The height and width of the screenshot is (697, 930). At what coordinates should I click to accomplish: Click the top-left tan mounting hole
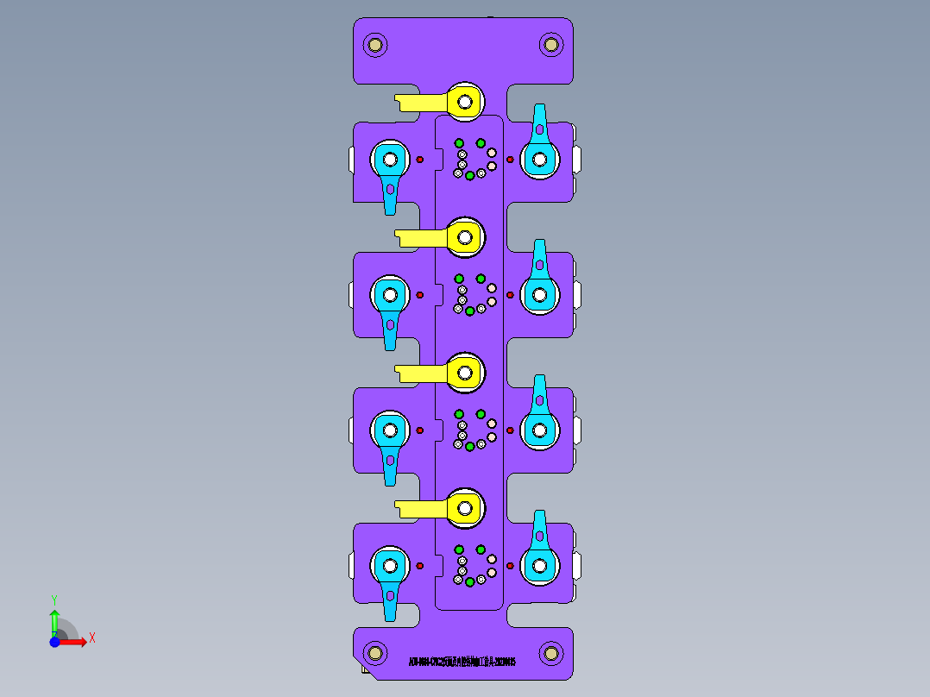click(x=375, y=44)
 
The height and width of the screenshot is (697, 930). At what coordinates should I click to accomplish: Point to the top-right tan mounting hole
click(x=550, y=44)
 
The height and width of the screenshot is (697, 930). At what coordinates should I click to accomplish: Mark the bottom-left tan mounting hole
click(x=375, y=651)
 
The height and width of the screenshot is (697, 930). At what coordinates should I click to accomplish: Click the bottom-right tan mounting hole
click(x=550, y=653)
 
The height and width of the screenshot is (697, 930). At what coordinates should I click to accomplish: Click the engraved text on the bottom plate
click(x=462, y=662)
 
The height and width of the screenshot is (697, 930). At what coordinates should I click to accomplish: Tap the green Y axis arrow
click(x=54, y=619)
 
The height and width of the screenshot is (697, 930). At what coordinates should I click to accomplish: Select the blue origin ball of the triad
click(x=54, y=642)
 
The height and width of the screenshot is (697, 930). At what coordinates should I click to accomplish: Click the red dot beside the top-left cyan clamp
click(x=420, y=159)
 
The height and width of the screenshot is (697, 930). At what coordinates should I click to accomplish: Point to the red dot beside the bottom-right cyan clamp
click(x=510, y=566)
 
